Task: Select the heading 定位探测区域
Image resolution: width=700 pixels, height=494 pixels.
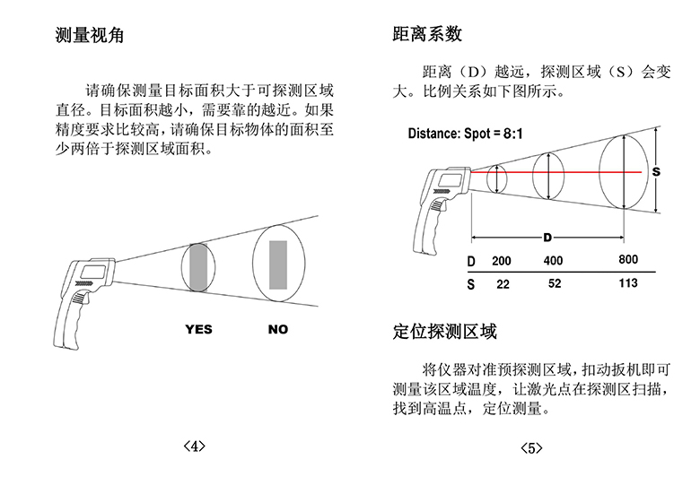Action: tap(444, 333)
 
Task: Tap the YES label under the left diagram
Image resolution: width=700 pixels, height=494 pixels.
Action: tap(198, 329)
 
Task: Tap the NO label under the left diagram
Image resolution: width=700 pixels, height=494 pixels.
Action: tap(278, 329)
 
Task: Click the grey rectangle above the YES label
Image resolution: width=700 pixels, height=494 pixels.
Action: tap(197, 266)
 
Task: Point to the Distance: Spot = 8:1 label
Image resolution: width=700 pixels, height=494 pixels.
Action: tap(466, 134)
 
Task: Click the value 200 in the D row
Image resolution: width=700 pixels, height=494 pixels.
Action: tap(502, 261)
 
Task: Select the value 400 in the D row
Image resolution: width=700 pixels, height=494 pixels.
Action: tap(553, 261)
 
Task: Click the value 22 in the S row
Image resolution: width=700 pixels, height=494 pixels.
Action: tap(503, 283)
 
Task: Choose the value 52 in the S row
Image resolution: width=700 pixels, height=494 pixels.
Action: tap(554, 283)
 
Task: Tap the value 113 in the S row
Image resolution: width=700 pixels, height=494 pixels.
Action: tap(628, 283)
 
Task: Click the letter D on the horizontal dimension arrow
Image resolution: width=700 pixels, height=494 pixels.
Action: tap(547, 238)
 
